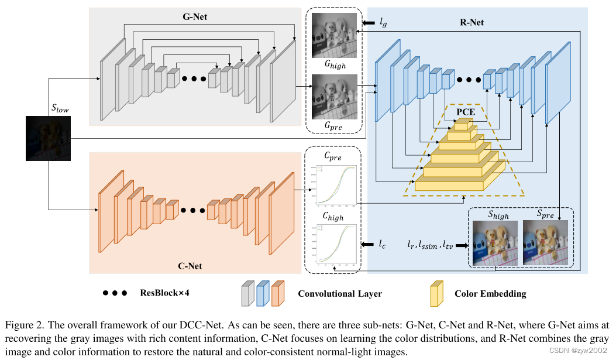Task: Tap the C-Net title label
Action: [190, 266]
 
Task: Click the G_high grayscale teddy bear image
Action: [333, 35]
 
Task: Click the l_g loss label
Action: [383, 23]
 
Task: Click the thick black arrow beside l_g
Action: [369, 23]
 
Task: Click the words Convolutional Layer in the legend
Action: [340, 293]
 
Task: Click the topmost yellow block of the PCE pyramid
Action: [462, 125]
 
